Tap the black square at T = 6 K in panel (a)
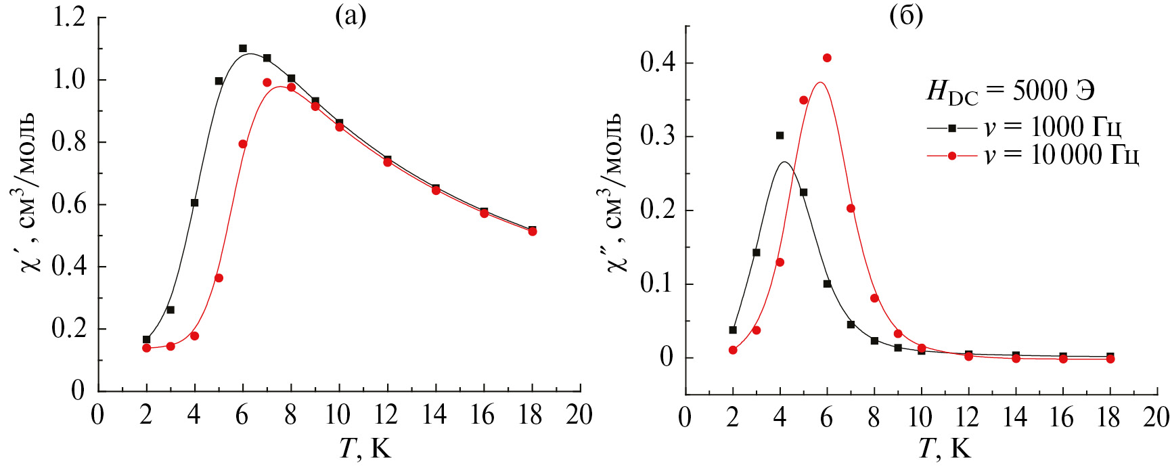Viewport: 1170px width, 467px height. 243,49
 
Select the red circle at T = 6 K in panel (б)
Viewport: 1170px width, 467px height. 827,58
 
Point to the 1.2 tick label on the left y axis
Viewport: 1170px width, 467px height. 69,17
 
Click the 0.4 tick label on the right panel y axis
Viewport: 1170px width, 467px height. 658,63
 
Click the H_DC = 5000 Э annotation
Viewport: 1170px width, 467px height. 1010,91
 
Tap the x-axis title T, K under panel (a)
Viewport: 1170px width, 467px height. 365,448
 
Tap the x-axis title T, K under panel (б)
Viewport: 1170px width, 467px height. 945,448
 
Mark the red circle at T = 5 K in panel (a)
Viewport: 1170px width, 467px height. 219,278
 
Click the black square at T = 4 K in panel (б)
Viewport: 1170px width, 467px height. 780,135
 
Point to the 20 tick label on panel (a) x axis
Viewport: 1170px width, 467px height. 579,415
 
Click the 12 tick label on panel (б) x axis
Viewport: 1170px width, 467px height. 967,418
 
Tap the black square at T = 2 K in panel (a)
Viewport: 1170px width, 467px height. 146,340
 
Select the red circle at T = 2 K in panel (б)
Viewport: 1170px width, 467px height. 733,350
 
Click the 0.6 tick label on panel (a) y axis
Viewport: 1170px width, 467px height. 69,204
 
